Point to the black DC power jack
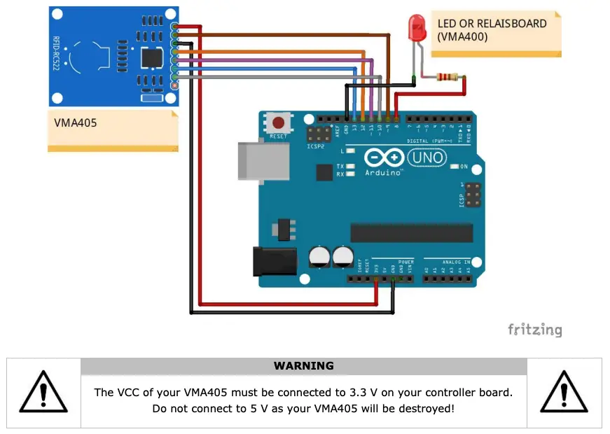272,260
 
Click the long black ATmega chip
411,232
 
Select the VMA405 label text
76,122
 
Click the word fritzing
534,330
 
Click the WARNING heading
304,366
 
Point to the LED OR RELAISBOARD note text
492,29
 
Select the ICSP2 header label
316,146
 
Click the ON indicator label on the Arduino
463,167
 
